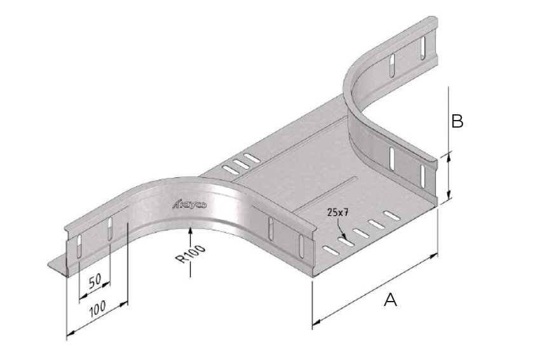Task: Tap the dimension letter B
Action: [x=456, y=121]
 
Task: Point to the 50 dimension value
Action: [x=96, y=282]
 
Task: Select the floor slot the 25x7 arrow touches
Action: [x=346, y=240]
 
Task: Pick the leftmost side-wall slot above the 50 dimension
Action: [x=78, y=244]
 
